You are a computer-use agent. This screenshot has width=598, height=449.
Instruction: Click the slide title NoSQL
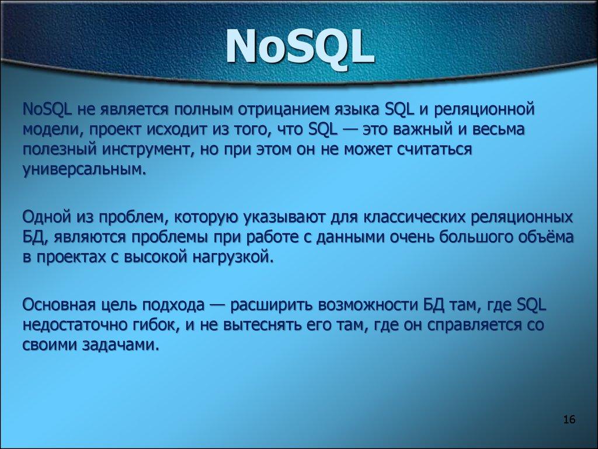tap(299, 48)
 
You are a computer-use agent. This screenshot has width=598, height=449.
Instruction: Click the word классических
tap(409, 217)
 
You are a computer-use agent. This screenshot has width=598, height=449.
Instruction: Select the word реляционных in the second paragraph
tap(523, 217)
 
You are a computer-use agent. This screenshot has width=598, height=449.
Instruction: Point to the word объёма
tap(543, 238)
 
